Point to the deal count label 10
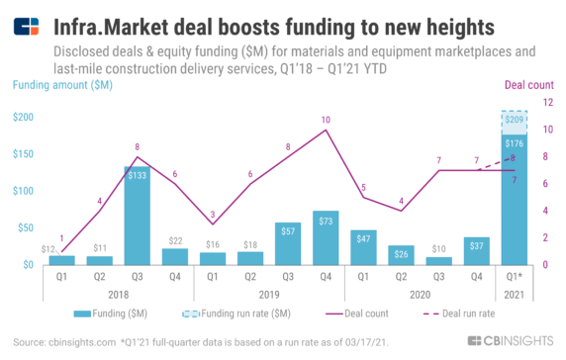pos(326,120)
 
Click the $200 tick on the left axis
pos(24,117)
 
